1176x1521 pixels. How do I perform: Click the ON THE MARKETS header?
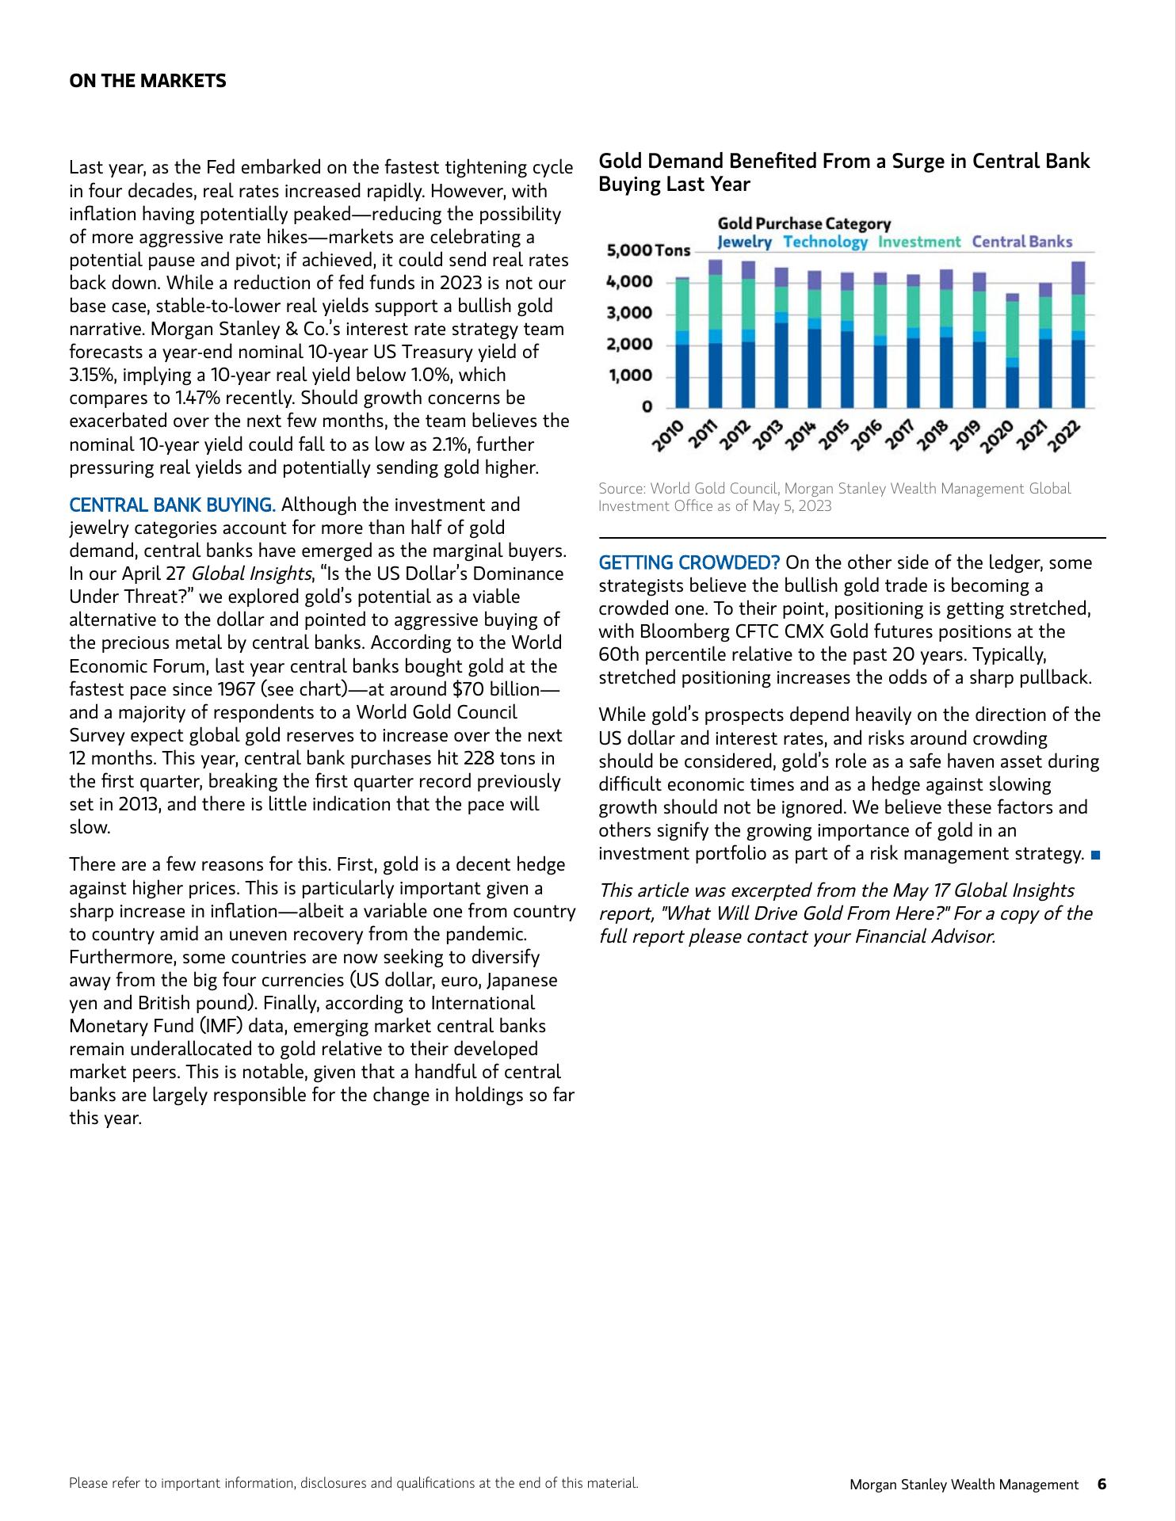[x=147, y=81]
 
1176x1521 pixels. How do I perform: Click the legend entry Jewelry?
[x=744, y=242]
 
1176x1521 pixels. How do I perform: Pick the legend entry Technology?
[x=825, y=242]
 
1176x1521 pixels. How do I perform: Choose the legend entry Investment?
[x=919, y=242]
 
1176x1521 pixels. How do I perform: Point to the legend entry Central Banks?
[x=1021, y=242]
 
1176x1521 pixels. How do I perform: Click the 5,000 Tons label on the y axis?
[x=647, y=251]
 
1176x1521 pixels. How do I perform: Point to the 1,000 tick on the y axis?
[x=630, y=375]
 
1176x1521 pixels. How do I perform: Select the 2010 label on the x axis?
[x=667, y=436]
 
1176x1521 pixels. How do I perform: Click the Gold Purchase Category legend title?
[x=804, y=224]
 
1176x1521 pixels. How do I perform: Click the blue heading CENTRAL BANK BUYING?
[x=172, y=505]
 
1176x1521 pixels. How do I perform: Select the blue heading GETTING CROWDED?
[x=689, y=563]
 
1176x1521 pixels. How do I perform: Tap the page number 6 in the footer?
[x=1102, y=1484]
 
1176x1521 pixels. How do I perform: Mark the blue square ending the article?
[x=1096, y=855]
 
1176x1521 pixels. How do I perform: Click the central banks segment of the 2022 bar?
[x=1078, y=278]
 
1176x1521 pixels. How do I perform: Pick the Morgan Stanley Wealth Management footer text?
[x=964, y=1485]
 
